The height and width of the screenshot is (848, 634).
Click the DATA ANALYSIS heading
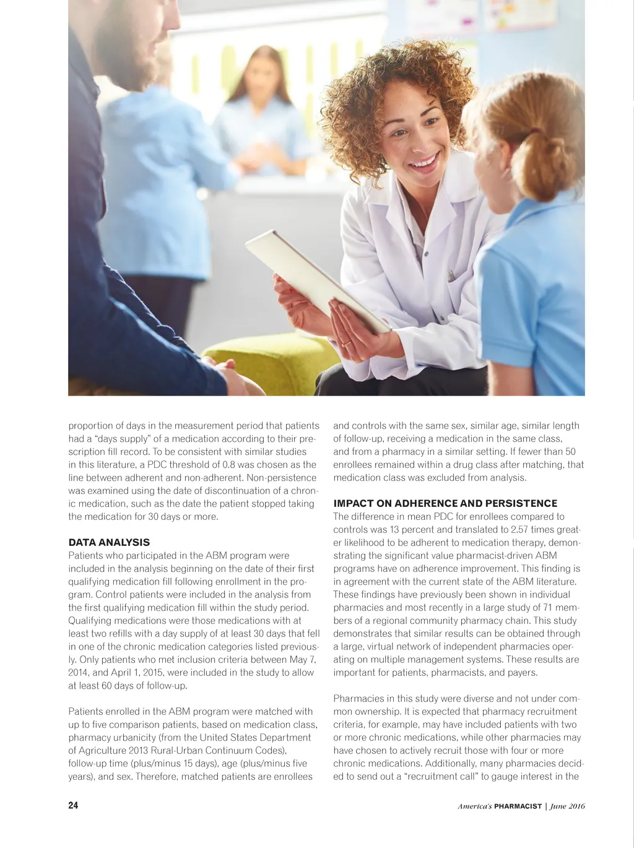pyautogui.click(x=109, y=542)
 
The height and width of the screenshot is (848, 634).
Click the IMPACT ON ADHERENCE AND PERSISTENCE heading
pyautogui.click(x=445, y=503)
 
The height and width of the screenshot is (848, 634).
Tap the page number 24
pyautogui.click(x=73, y=805)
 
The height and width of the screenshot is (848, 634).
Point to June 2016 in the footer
pyautogui.click(x=568, y=806)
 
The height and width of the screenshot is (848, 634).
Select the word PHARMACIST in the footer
pyautogui.click(x=518, y=806)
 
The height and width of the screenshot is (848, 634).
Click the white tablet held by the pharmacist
pyautogui.click(x=316, y=279)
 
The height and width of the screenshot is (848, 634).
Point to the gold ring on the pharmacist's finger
pyautogui.click(x=347, y=342)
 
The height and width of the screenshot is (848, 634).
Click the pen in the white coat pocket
pyautogui.click(x=451, y=275)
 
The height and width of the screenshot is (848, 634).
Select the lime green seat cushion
pyautogui.click(x=272, y=365)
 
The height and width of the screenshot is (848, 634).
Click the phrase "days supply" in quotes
pyautogui.click(x=123, y=439)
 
